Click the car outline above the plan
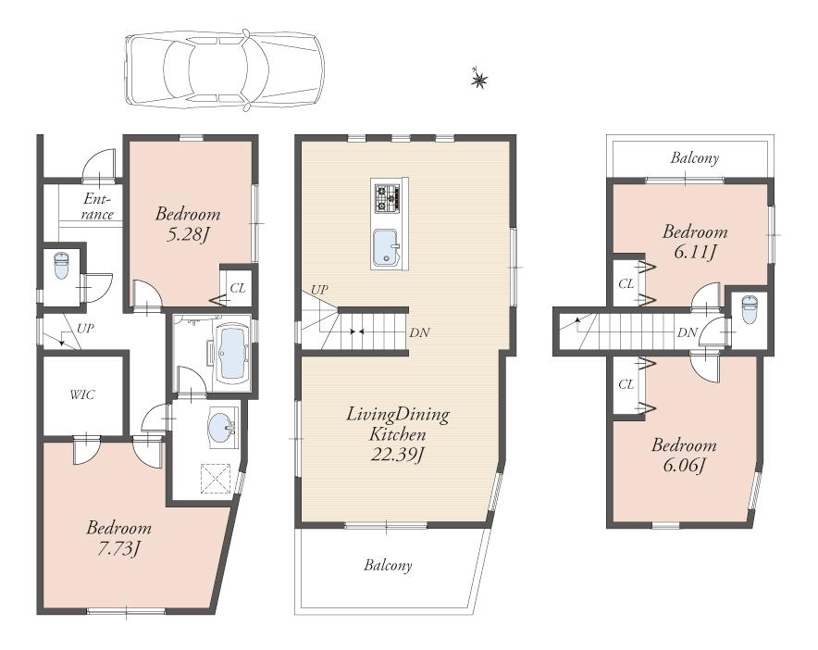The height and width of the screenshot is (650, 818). pos(224,69)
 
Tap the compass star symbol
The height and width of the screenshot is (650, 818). pos(479,81)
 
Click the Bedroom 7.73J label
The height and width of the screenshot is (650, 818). pos(118,538)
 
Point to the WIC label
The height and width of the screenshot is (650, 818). pos(82,394)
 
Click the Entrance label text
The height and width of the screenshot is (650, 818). pos(97,206)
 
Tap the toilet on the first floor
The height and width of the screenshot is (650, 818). pos(62,267)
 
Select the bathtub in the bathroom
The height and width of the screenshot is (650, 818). pos(229,353)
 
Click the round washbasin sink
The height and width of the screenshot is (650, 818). pos(220,428)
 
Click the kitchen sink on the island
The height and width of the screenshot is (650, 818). pos(386,247)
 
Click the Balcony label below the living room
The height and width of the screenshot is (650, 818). pos(388,565)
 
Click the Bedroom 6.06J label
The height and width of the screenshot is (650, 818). pos(684,455)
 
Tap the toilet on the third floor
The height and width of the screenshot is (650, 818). pos(749,309)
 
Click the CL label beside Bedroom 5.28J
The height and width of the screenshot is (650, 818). pos(237,288)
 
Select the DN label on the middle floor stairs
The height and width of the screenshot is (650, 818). pos(418,331)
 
